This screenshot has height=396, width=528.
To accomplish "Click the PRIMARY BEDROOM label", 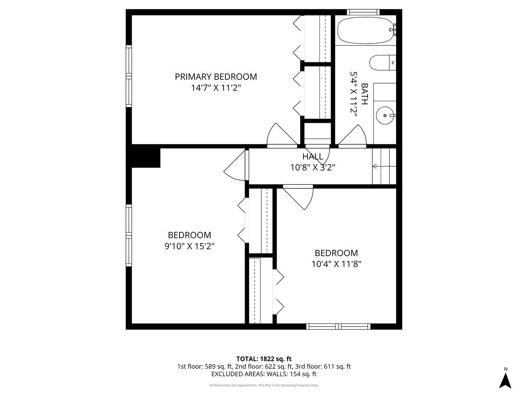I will coord(216,77).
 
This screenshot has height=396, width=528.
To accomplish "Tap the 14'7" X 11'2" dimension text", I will coord(216,88).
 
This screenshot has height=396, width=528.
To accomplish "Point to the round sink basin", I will coord(385,115).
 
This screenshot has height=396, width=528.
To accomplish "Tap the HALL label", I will coord(313,157).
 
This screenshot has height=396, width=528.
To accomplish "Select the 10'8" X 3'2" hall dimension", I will coord(313,167).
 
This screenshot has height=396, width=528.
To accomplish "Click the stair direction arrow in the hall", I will coord(375,166).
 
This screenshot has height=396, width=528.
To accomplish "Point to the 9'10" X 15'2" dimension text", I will coord(189,246).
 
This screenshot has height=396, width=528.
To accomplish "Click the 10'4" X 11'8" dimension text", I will coord(336,264).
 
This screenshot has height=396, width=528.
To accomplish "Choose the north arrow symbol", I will coord(506,380).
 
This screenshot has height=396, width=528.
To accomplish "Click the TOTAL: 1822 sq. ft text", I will coord(264,359).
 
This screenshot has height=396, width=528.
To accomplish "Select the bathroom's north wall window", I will coord(363,12).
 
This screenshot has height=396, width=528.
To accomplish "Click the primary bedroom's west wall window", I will coord(129,76).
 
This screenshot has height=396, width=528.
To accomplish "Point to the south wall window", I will coord(338,326).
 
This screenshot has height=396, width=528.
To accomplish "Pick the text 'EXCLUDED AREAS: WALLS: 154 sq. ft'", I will coord(264,374).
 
